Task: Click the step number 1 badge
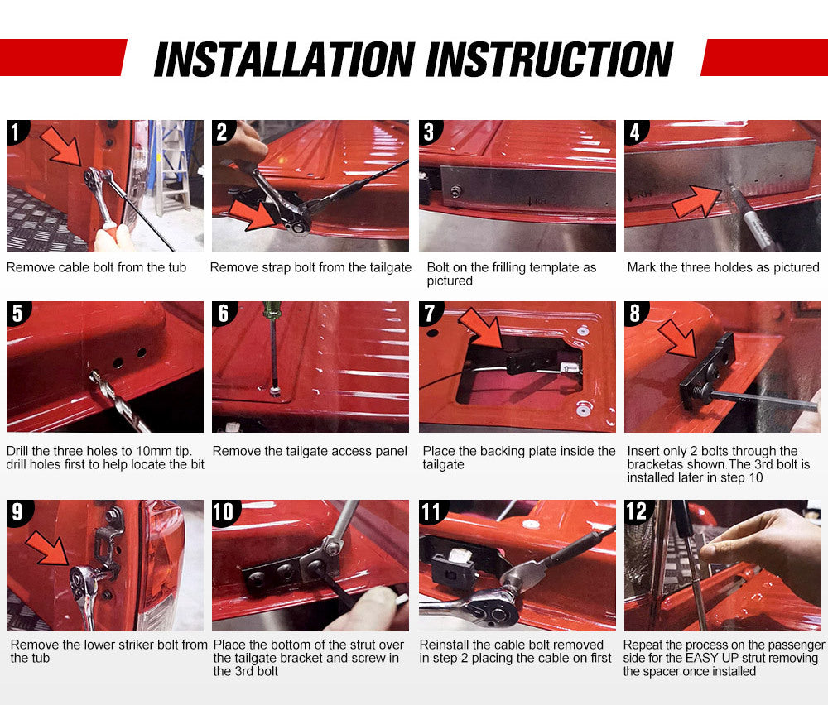click(17, 131)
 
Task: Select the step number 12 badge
click(636, 511)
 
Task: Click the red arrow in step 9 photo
click(47, 548)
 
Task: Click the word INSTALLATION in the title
click(284, 60)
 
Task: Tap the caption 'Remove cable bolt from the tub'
click(96, 267)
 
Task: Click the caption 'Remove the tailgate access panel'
click(310, 451)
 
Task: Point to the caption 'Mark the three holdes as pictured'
click(723, 267)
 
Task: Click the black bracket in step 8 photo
click(710, 373)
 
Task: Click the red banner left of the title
click(62, 57)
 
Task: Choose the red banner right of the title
click(763, 57)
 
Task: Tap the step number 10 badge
click(224, 511)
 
